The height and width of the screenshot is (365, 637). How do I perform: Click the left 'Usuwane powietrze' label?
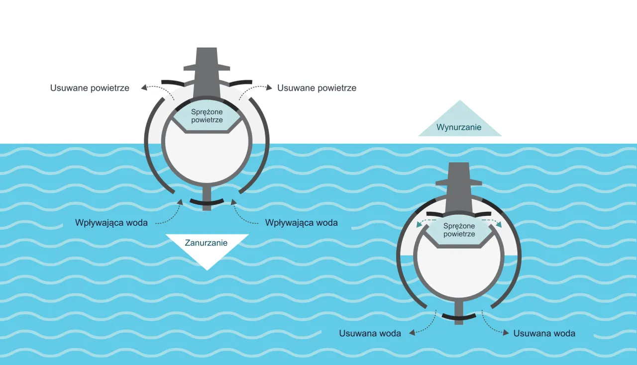pyautogui.click(x=90, y=88)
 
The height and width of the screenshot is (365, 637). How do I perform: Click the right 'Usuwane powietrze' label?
pyautogui.click(x=317, y=88)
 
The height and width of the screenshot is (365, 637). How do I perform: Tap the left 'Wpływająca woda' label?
pyautogui.click(x=111, y=223)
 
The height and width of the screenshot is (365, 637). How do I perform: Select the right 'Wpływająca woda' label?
pyautogui.click(x=301, y=223)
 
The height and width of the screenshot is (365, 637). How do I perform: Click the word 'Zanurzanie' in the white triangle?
pyautogui.click(x=206, y=243)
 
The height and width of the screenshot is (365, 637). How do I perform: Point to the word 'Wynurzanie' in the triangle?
pyautogui.click(x=459, y=127)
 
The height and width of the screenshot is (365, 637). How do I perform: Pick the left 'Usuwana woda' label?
pyautogui.click(x=370, y=334)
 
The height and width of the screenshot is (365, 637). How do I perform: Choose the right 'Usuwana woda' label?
pyautogui.click(x=544, y=334)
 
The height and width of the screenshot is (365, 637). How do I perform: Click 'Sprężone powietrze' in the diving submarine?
pyautogui.click(x=207, y=116)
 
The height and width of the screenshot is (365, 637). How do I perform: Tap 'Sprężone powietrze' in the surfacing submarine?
pyautogui.click(x=459, y=230)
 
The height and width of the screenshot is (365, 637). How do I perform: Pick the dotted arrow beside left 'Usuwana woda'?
pyautogui.click(x=424, y=324)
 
